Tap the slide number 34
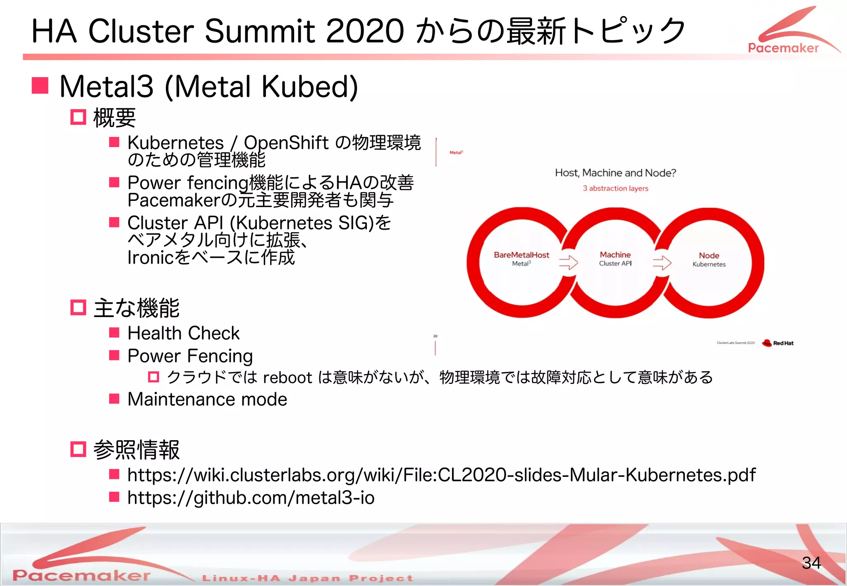[x=811, y=563]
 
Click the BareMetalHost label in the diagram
[x=521, y=255]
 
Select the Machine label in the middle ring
[x=615, y=255]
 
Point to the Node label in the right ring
[x=709, y=255]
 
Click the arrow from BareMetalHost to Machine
[x=568, y=262]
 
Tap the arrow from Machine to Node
[x=662, y=262]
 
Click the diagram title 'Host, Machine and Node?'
[x=615, y=173]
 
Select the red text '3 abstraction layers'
[x=615, y=188]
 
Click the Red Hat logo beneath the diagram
[x=778, y=343]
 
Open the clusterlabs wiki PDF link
[x=441, y=475]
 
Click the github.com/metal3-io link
[x=251, y=498]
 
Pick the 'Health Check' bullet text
[x=183, y=333]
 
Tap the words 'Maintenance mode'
[x=207, y=400]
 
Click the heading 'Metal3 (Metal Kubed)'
[x=208, y=87]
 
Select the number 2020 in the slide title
[x=365, y=31]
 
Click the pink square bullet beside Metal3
[x=41, y=86]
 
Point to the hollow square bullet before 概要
[x=78, y=117]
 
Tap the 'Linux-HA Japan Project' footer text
[x=307, y=578]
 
